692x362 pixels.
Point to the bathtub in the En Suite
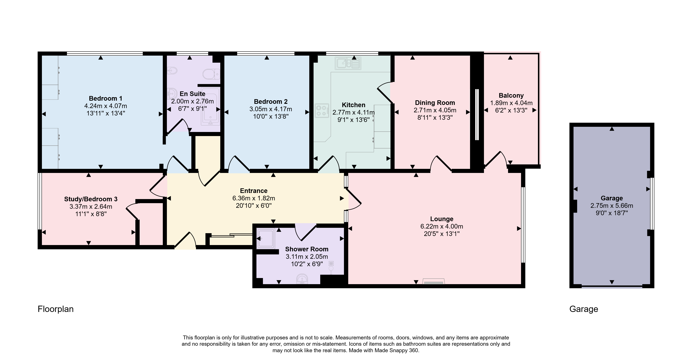(211, 106)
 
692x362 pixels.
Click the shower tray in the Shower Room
(266, 238)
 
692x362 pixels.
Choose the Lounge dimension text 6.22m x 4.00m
(442, 226)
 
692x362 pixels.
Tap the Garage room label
(612, 198)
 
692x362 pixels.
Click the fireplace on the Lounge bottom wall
(434, 281)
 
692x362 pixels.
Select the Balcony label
(511, 96)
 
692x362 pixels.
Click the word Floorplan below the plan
(56, 309)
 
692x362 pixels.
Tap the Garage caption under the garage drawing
(584, 309)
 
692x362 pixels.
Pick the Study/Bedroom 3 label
(91, 199)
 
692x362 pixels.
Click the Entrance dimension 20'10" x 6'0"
(254, 206)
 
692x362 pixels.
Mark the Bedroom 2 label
(271, 102)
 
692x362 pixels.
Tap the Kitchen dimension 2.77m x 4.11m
(354, 113)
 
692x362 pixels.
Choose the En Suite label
(193, 94)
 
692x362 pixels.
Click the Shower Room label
(307, 249)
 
